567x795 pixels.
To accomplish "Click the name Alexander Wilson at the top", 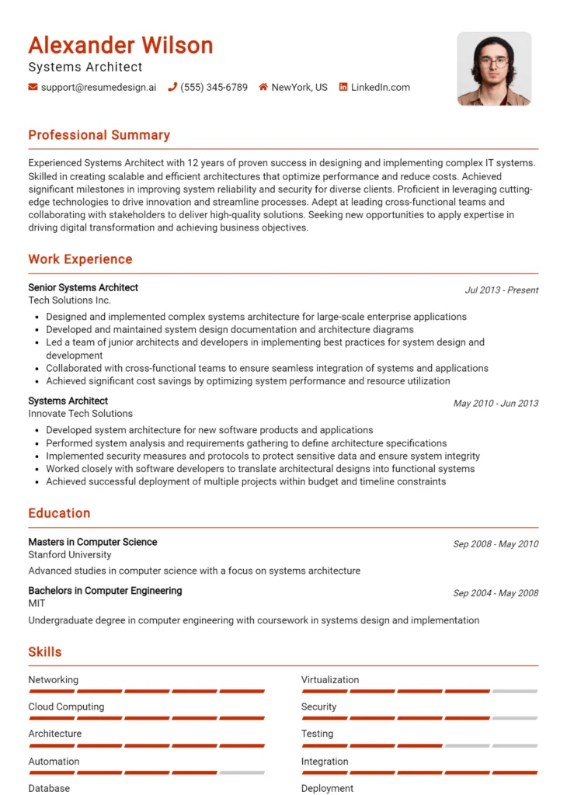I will (x=120, y=45).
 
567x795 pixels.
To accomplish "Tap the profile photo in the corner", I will (x=494, y=68).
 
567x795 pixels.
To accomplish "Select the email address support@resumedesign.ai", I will (x=98, y=88).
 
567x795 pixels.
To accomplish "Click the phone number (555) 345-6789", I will (x=214, y=88).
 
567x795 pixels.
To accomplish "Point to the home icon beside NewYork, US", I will (x=263, y=88).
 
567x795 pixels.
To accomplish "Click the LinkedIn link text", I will (x=380, y=88).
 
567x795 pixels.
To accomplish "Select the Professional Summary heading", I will (x=99, y=135).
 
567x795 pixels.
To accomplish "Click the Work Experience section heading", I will (x=80, y=259).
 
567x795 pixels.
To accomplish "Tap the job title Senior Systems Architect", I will (x=83, y=287).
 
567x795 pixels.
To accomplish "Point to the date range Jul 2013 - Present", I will (x=501, y=290).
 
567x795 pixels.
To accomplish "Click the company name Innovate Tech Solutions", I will (x=80, y=414).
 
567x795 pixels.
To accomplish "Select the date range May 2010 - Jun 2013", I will (x=496, y=404).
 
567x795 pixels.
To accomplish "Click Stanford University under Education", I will (x=70, y=555).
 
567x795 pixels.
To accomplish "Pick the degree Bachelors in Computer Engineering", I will (x=105, y=591).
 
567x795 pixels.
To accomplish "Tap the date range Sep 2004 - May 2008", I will (x=496, y=593).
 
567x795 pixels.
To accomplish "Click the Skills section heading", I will (x=45, y=652).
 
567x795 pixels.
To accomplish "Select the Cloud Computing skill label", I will (x=66, y=707).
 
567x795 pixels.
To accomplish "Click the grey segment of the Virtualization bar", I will (x=514, y=691).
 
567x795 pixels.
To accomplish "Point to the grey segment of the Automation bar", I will (x=242, y=772).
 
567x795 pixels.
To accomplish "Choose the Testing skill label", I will (x=317, y=734).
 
